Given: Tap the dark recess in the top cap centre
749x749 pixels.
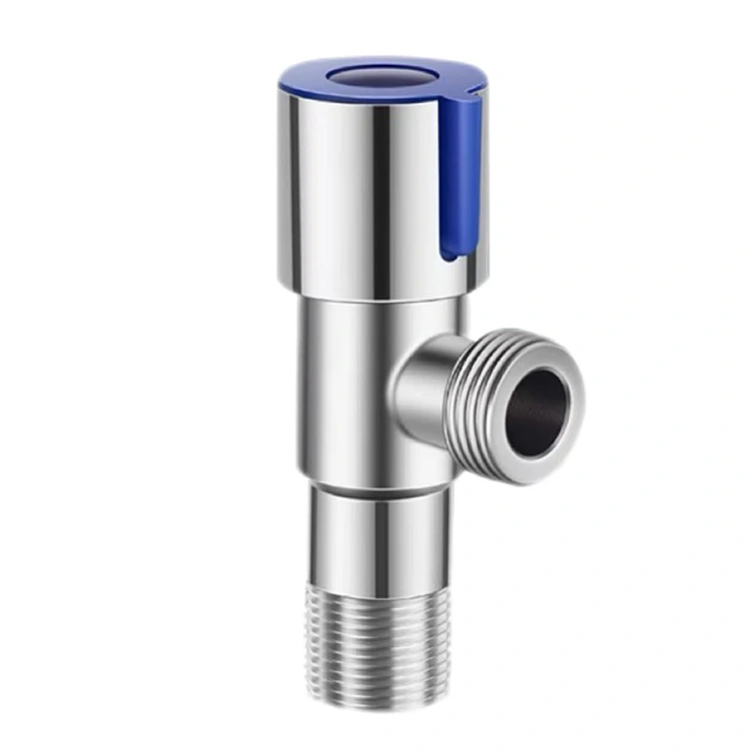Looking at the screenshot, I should tap(374, 75).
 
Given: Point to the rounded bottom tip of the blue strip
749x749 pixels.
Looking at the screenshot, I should tap(451, 255).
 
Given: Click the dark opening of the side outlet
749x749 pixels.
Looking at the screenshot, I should tap(539, 409).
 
